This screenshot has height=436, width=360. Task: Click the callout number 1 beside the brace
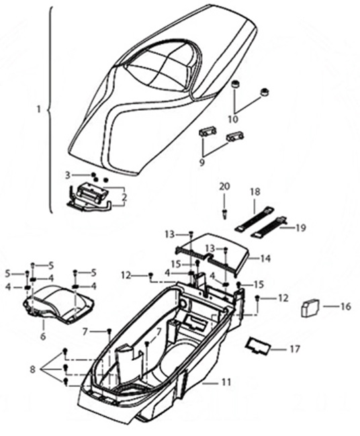(x=39, y=110)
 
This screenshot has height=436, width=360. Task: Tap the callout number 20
(x=224, y=187)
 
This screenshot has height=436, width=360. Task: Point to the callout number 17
(x=296, y=349)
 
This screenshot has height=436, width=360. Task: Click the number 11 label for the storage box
(x=226, y=382)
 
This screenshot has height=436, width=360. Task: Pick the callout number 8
(x=33, y=370)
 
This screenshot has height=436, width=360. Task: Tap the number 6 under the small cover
(x=43, y=337)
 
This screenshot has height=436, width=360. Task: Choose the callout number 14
(x=265, y=259)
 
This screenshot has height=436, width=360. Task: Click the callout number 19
(x=301, y=228)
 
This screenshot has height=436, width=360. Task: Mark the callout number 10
(x=234, y=120)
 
